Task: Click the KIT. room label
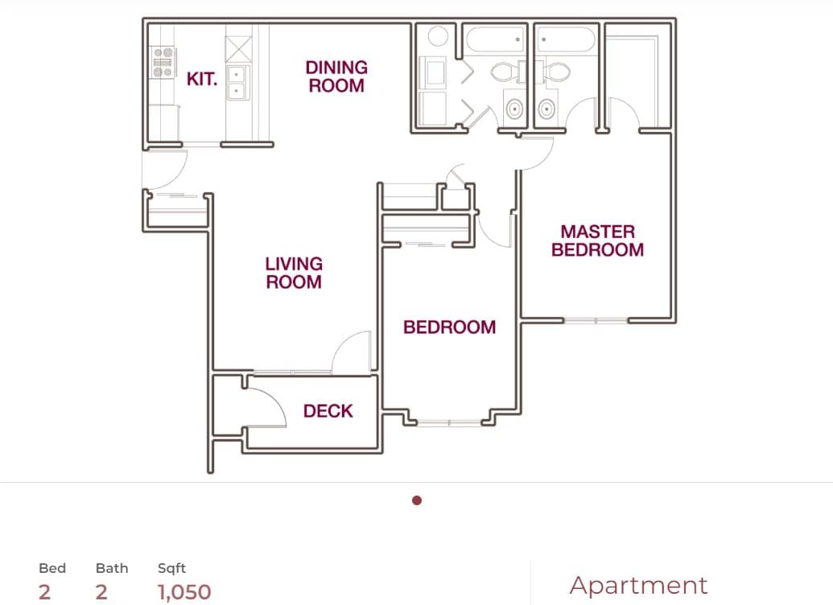[x=202, y=79]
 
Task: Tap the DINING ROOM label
[x=336, y=76]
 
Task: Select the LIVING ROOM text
[x=294, y=273]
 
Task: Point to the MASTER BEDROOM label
[x=597, y=241]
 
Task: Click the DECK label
[x=328, y=411]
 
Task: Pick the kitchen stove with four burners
[x=163, y=63]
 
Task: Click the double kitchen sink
[x=237, y=82]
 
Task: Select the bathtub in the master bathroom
[x=566, y=40]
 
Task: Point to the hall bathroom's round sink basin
[x=513, y=107]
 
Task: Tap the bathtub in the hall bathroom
[x=496, y=40]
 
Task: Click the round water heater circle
[x=438, y=36]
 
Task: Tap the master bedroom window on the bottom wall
[x=596, y=320]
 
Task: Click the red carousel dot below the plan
[x=417, y=500]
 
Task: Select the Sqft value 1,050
[x=184, y=593]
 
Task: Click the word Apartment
[x=638, y=585]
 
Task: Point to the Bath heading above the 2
[x=112, y=568]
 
